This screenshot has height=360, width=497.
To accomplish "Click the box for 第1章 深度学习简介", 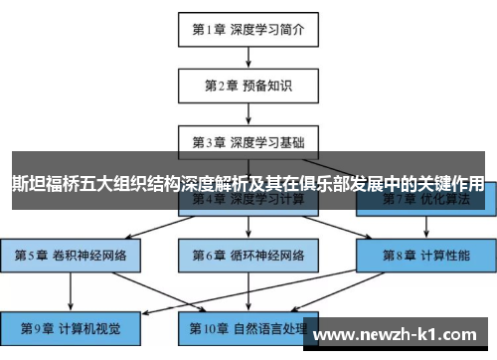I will pos(248,29).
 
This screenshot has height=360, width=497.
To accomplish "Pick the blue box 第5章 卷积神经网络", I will pos(71,255).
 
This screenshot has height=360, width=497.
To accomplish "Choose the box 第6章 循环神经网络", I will pos(248,255).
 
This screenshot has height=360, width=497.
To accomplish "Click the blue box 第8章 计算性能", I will pos(426,255).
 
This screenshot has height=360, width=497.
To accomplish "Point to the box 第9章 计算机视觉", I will pos(71,327).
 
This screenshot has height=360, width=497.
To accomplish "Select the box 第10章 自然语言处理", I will pos(248,327).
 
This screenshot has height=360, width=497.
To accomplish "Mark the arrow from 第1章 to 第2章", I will pos(248,56).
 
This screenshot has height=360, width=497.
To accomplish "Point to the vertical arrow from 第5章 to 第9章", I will pos(71,290).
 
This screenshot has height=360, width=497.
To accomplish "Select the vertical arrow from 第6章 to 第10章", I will pos(248,290).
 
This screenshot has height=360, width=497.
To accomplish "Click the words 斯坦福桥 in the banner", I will pos(47,184).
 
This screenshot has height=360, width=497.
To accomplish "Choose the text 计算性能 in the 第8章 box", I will pos(446,255).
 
